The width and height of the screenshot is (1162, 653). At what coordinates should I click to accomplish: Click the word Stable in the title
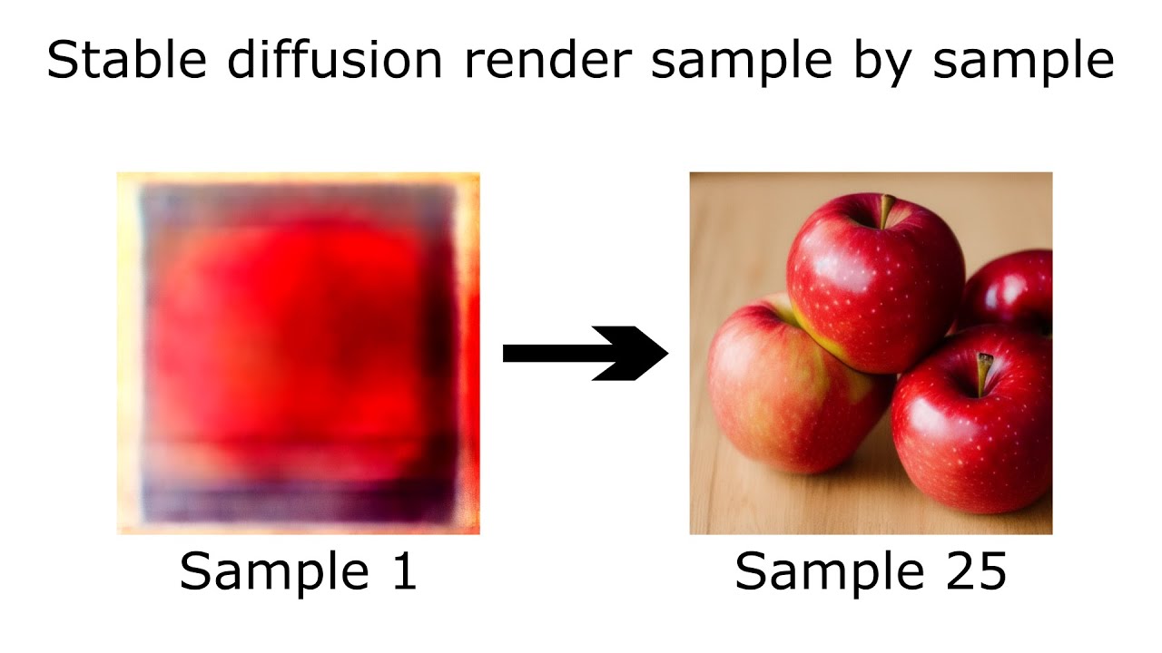(x=124, y=62)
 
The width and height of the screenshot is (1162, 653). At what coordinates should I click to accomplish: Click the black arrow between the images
(x=581, y=353)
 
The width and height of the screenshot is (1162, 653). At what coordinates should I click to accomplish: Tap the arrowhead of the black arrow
(x=635, y=353)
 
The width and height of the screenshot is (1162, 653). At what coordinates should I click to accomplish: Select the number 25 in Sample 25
(x=973, y=571)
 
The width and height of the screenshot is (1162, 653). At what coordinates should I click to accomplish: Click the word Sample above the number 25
(x=822, y=571)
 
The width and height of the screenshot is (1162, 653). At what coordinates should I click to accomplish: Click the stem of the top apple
(x=885, y=211)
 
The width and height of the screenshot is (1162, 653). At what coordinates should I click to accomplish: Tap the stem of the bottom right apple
(x=984, y=372)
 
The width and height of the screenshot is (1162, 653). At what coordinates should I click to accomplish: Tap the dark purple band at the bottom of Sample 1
(x=300, y=499)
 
